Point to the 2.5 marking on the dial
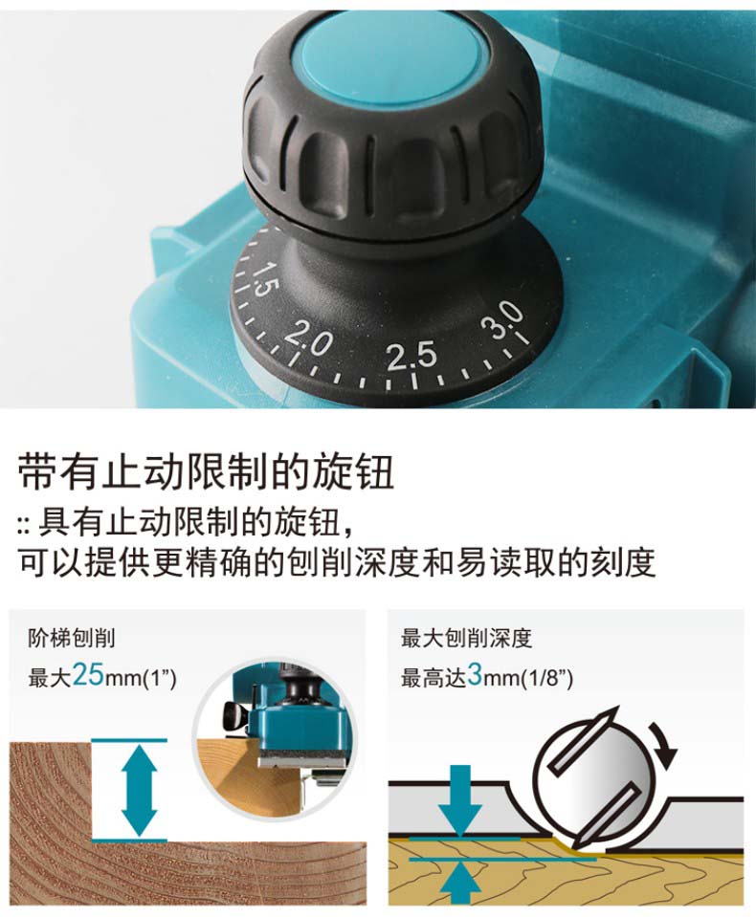click(411, 355)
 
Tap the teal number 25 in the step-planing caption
click(88, 674)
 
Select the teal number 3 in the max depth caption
click(475, 674)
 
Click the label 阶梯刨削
click(72, 638)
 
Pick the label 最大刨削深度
click(466, 638)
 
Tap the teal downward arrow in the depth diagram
click(460, 801)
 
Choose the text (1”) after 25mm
click(160, 678)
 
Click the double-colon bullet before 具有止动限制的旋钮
click(23, 525)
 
